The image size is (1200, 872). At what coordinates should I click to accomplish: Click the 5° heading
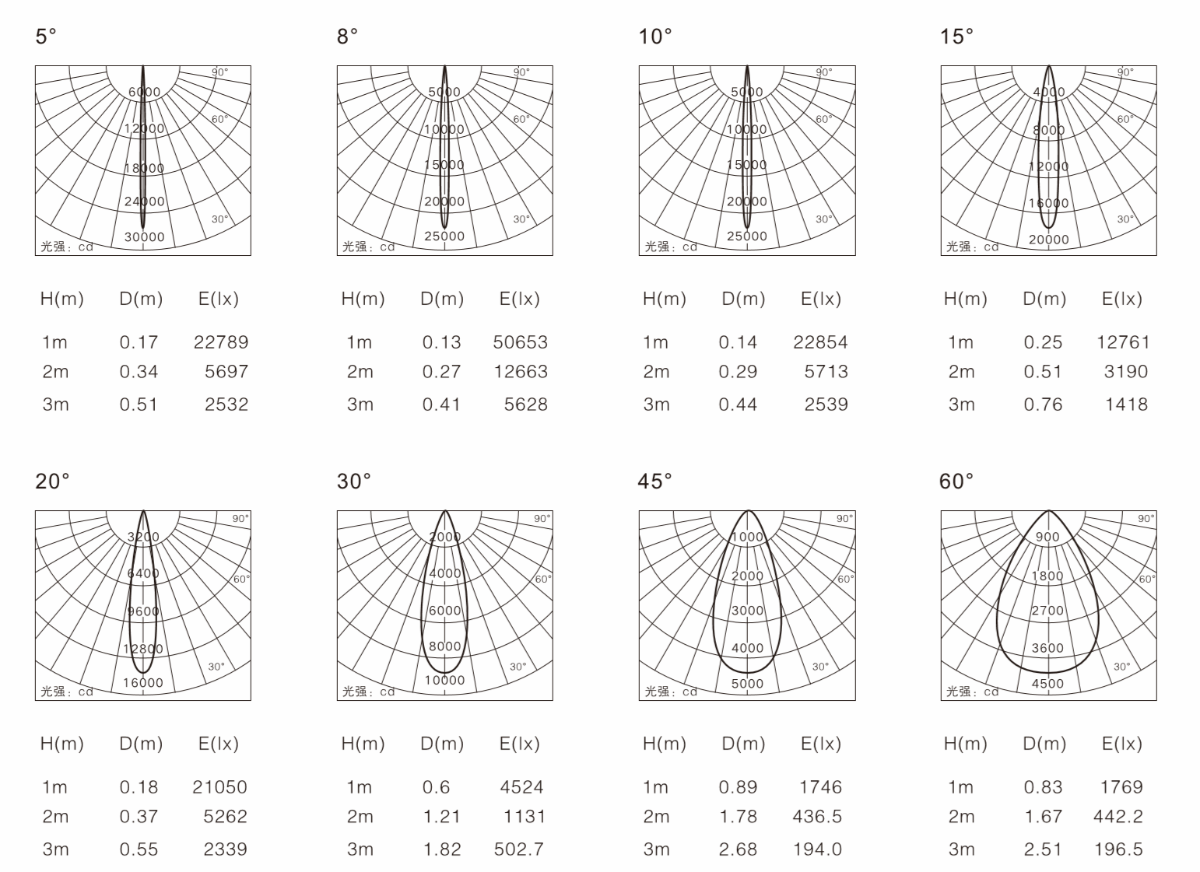point(46,37)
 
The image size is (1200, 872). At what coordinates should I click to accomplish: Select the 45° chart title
point(654,481)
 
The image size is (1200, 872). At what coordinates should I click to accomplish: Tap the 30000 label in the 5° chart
point(145,236)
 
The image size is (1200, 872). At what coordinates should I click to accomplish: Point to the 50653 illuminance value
point(520,342)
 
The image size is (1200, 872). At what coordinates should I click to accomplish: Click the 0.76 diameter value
point(1043,404)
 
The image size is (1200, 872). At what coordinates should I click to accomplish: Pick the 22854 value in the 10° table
point(821,342)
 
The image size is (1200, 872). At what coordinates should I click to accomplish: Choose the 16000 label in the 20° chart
point(143,682)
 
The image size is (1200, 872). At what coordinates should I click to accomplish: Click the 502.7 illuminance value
point(518,849)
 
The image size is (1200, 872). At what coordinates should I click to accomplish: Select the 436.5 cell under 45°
point(817,816)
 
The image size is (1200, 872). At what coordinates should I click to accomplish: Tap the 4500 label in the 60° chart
point(1047,684)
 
